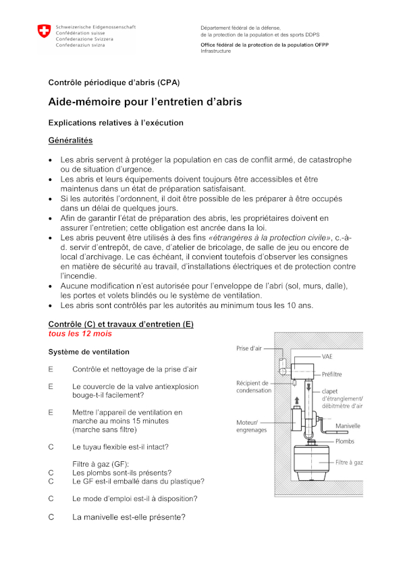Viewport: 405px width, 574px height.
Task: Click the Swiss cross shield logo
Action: tap(44, 31)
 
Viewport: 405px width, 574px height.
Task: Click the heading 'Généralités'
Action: tap(70, 140)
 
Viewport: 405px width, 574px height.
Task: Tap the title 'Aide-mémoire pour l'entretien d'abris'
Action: tap(144, 102)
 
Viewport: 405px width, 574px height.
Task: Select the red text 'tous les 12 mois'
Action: tap(80, 334)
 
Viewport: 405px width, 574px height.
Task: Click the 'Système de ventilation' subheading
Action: tap(88, 352)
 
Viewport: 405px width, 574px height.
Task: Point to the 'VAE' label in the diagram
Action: tap(327, 356)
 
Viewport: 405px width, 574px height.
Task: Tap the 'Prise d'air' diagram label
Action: tap(250, 348)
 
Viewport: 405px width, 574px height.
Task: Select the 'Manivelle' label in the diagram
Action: tap(348, 426)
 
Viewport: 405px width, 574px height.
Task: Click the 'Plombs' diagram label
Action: tap(345, 441)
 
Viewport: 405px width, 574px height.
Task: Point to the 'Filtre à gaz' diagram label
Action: tap(350, 463)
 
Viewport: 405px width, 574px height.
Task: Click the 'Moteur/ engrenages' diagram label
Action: tap(251, 426)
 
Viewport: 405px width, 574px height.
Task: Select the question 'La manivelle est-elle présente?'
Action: tap(129, 517)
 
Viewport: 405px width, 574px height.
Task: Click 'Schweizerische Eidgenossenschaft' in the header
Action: tap(96, 27)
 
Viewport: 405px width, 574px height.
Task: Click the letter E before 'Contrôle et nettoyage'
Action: tap(51, 369)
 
